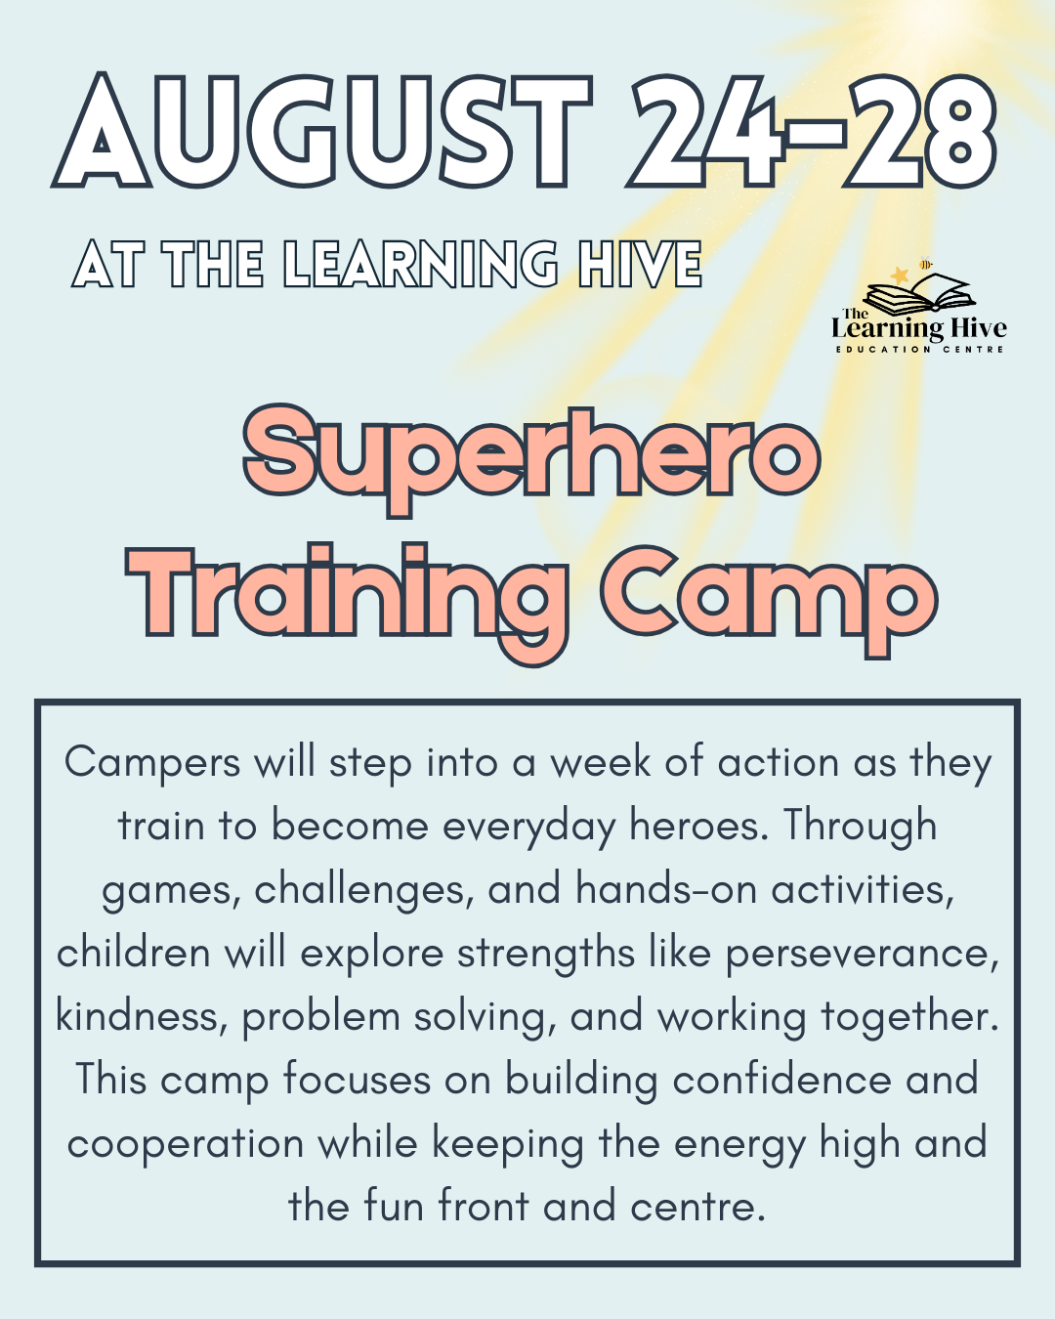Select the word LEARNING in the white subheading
[x=421, y=265]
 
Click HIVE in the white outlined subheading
[x=640, y=265]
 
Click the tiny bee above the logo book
[x=925, y=263]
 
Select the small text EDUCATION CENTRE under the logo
[x=919, y=349]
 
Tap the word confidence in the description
[x=781, y=1080]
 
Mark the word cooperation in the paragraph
[x=186, y=1144]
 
